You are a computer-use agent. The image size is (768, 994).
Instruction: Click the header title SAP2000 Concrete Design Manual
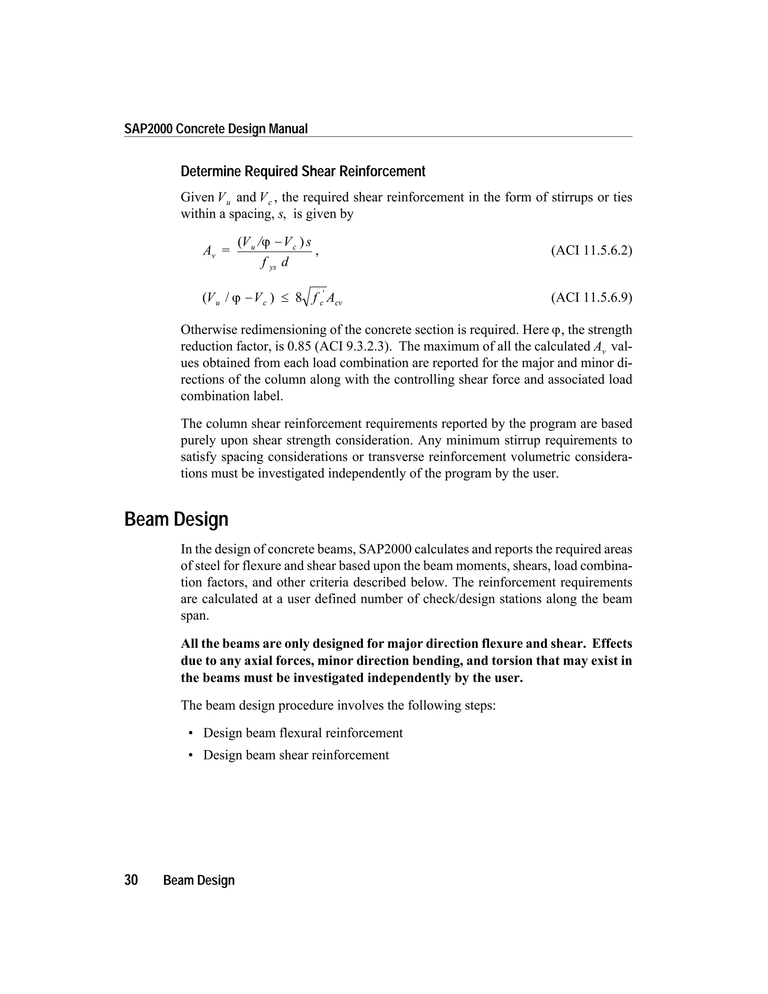pos(216,129)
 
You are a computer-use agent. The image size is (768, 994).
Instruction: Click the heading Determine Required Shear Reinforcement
pos(303,171)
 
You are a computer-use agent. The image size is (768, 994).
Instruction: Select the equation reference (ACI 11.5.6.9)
pos(591,298)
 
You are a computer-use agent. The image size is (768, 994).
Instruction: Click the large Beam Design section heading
pos(176,519)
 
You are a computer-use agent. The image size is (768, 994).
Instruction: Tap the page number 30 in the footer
pos(131,880)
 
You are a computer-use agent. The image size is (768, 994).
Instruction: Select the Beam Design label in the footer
pos(199,880)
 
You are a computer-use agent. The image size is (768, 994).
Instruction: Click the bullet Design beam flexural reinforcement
pos(303,733)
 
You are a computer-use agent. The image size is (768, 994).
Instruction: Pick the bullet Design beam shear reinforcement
pos(296,755)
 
